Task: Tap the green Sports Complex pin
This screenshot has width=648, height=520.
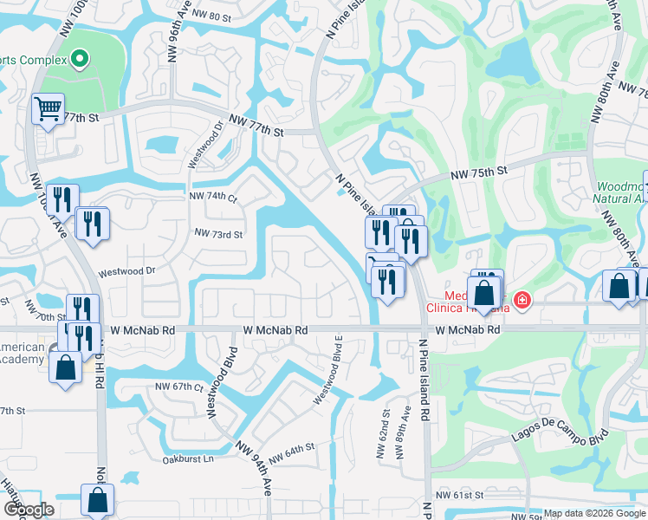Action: [x=80, y=60]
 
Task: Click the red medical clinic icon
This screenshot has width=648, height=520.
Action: [x=522, y=301]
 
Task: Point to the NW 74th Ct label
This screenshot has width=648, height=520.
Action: [x=213, y=197]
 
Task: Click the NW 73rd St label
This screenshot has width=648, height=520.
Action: [x=218, y=234]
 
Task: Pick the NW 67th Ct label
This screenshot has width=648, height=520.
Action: [x=178, y=387]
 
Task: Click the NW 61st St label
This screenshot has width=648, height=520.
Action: [x=458, y=495]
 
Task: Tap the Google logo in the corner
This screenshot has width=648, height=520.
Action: [x=29, y=510]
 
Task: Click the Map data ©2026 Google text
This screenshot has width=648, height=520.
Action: [x=594, y=513]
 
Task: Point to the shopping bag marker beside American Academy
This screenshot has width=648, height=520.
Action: [x=66, y=367]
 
